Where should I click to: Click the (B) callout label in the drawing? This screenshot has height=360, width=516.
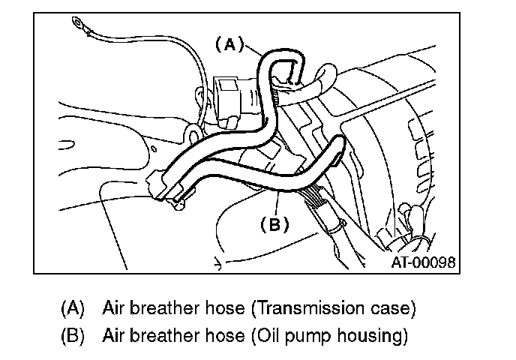coord(274,223)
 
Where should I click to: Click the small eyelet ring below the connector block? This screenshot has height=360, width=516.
coord(193,136)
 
